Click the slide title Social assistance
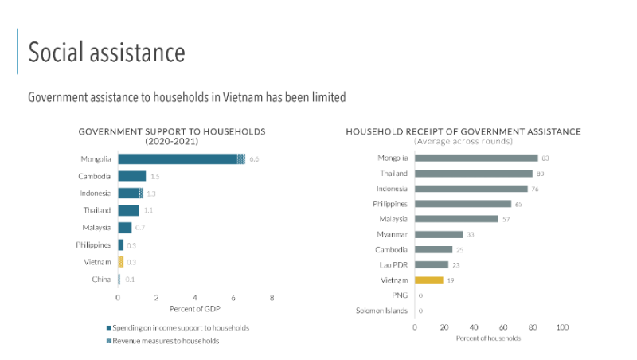(x=107, y=53)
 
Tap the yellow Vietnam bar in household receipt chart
(x=428, y=280)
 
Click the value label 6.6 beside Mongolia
(x=255, y=159)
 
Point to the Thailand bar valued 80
(x=473, y=173)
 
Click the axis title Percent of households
(x=488, y=338)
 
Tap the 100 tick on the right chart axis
(x=562, y=327)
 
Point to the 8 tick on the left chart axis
(x=272, y=297)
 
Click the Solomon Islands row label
(x=381, y=311)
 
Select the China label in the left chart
(x=101, y=279)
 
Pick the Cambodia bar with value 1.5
(x=132, y=176)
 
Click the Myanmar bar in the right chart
(x=439, y=234)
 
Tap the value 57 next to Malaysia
(x=506, y=219)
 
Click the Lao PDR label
(x=393, y=264)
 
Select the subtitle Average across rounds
(x=463, y=141)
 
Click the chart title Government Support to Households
(x=172, y=131)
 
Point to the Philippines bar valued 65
(x=463, y=204)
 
